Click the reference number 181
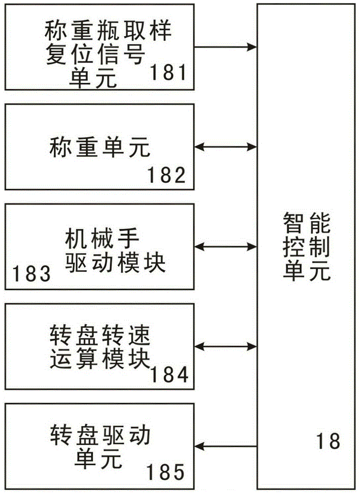click(x=168, y=73)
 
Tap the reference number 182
click(x=166, y=175)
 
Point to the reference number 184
click(x=169, y=376)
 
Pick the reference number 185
click(x=165, y=472)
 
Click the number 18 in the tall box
click(x=328, y=440)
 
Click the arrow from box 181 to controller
click(x=225, y=47)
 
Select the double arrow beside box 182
click(x=225, y=146)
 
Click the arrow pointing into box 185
click(x=225, y=447)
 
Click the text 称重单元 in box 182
click(x=100, y=146)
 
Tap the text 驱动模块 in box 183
click(x=114, y=264)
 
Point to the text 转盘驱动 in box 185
click(x=100, y=436)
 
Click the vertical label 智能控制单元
click(x=306, y=246)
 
